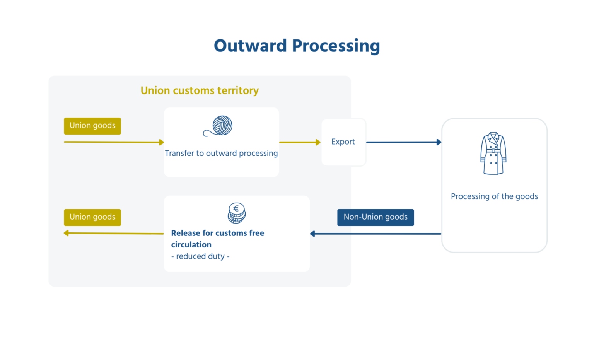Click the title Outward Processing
pos(297,46)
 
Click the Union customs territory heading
pos(200,90)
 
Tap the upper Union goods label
pos(92,126)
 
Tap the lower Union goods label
pos(92,217)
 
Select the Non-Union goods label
pos(376,217)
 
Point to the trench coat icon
pos(493,154)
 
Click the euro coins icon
pos(237,213)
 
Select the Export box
pos(343,142)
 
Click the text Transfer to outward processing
pos(221,154)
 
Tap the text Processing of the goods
pos(494,196)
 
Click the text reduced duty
pos(200,256)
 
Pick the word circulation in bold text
pos(191,245)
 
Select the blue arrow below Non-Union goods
pos(376,234)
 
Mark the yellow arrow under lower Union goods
pos(114,233)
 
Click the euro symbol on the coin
pos(236,208)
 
